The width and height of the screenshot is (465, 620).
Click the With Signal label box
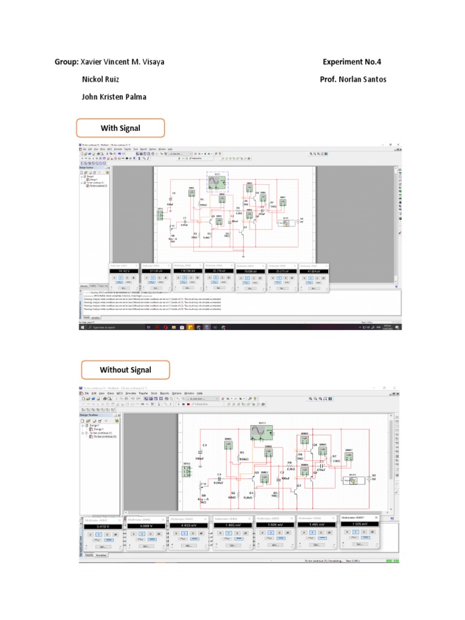coord(120,128)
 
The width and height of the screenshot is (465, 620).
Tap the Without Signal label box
coord(125,370)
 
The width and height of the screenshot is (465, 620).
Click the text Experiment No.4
coord(352,62)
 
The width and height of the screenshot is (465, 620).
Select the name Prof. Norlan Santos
coord(352,79)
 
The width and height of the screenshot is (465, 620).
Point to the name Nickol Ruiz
coord(101,79)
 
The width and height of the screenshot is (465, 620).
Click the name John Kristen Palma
coord(114,97)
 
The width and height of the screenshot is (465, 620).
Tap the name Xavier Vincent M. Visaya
coord(123,62)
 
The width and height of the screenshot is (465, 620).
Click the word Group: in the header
coord(67,62)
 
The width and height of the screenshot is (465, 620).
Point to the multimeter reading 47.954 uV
coord(313,271)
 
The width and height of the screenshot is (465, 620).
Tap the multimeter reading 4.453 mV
coord(190,527)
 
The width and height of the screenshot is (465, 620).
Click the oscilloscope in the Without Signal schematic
coord(263,432)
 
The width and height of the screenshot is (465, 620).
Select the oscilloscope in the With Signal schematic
coord(216,180)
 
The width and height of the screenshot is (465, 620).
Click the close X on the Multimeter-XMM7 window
coord(375,518)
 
